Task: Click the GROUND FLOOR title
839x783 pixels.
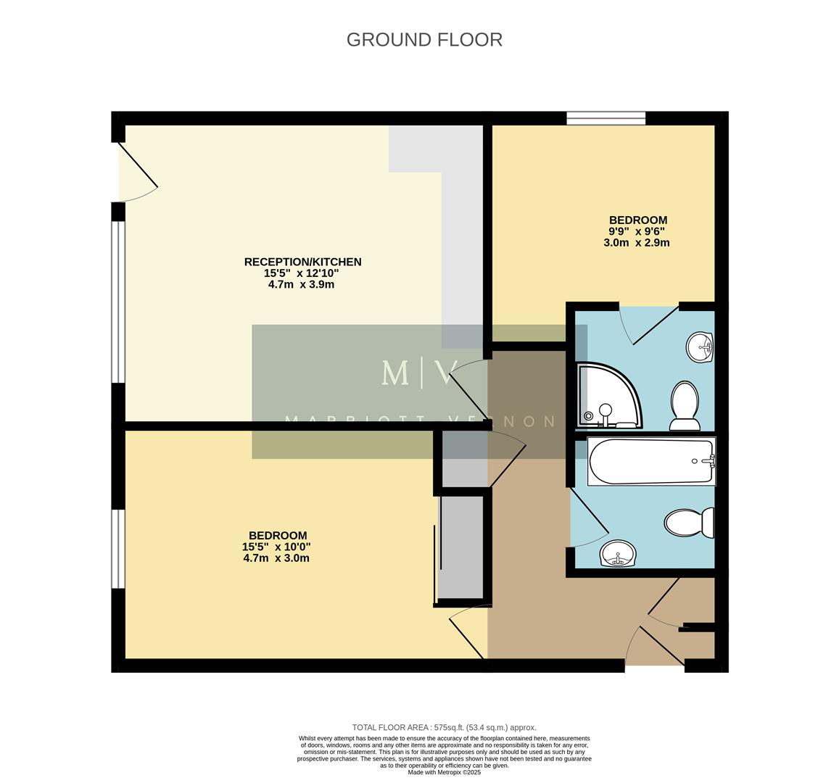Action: pyautogui.click(x=424, y=39)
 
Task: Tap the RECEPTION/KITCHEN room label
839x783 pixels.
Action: pyautogui.click(x=302, y=262)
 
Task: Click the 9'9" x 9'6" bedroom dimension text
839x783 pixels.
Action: pyautogui.click(x=637, y=231)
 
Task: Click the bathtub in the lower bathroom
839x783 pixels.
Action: pyautogui.click(x=651, y=462)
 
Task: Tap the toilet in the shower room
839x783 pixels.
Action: pyautogui.click(x=685, y=406)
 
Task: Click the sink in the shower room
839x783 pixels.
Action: pyautogui.click(x=700, y=347)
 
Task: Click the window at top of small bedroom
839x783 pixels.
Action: pyautogui.click(x=606, y=118)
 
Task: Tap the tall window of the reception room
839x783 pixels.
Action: pyautogui.click(x=118, y=301)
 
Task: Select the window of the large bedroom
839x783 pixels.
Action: pyautogui.click(x=118, y=548)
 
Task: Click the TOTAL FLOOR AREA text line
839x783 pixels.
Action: pyautogui.click(x=444, y=727)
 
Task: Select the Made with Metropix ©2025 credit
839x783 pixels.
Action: pyautogui.click(x=444, y=772)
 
